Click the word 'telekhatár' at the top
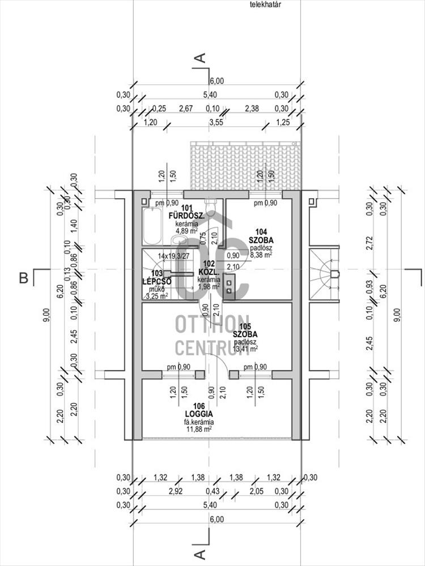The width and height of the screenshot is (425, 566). coord(266,5)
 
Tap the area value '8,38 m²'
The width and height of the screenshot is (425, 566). coord(261,255)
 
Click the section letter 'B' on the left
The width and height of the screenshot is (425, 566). coord(24,278)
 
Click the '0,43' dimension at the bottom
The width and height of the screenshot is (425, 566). coord(216,491)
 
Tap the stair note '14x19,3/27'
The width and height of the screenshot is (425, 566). coord(174,256)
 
